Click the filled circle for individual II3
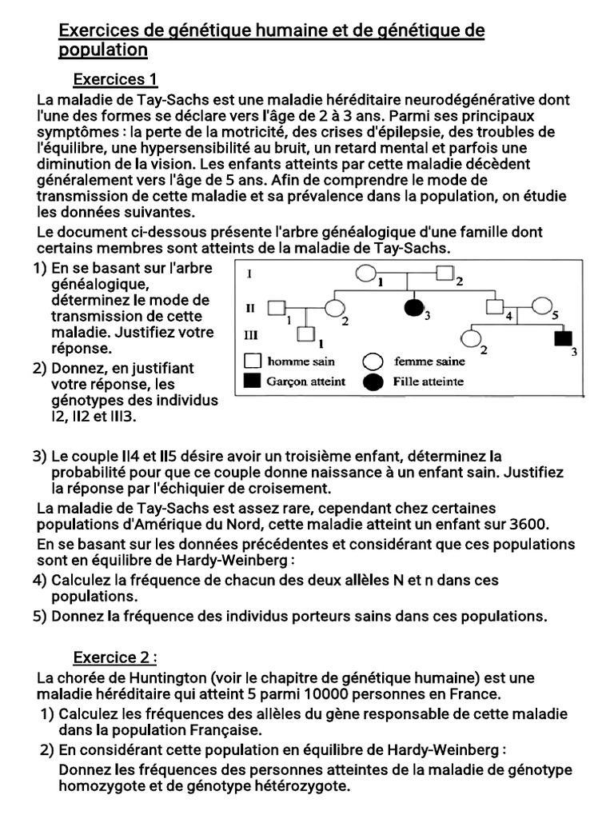(413, 307)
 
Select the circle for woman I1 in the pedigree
(365, 274)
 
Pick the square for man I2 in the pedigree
(445, 274)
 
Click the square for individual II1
(277, 307)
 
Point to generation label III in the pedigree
(251, 334)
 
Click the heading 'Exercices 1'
(115, 79)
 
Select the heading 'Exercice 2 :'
(115, 657)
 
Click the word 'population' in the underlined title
(104, 50)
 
